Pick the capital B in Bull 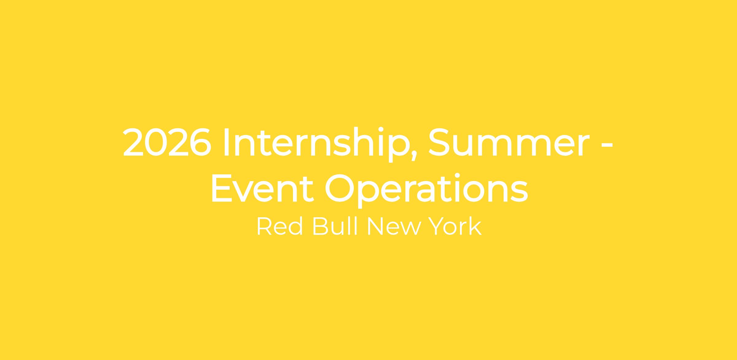point(321,226)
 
